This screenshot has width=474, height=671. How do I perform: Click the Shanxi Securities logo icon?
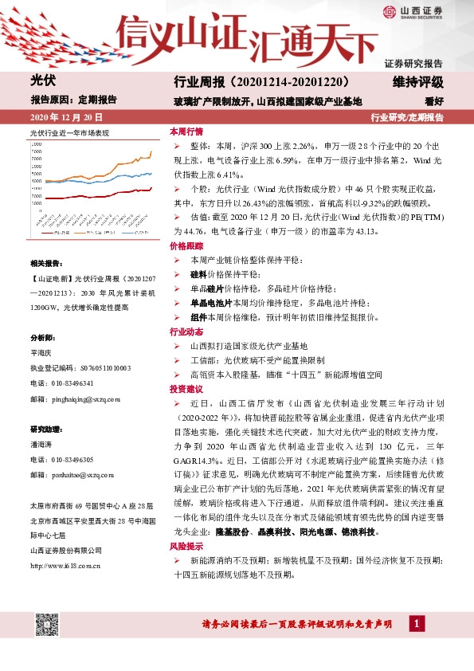pyautogui.click(x=389, y=11)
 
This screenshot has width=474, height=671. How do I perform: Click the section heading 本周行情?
pyautogui.click(x=186, y=132)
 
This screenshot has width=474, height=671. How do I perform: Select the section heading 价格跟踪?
pyautogui.click(x=186, y=248)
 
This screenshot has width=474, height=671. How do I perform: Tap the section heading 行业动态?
pyautogui.click(x=186, y=332)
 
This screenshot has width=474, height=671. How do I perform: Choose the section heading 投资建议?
pyautogui.click(x=186, y=388)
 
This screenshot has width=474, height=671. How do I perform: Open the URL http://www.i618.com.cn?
pyautogui.click(x=65, y=543)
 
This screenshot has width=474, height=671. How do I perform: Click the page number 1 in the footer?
pyautogui.click(x=417, y=623)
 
